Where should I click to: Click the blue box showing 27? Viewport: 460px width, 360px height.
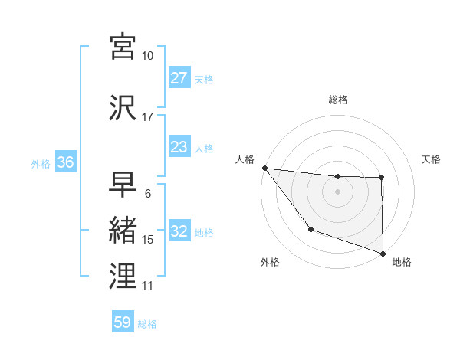[x=179, y=79]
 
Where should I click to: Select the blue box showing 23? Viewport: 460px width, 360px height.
[x=179, y=148]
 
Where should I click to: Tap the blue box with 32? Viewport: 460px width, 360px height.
[x=179, y=232]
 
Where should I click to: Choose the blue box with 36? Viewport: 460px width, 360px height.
[x=65, y=163]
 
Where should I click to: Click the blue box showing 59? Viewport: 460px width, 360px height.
[x=123, y=322]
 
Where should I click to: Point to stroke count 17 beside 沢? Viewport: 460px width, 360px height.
[x=148, y=117]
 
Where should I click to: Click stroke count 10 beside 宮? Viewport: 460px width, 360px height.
[x=148, y=56]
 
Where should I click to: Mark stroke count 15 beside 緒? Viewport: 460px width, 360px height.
[x=148, y=240]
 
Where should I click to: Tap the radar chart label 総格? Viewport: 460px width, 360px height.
[x=338, y=100]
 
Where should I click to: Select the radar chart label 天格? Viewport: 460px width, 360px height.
[x=432, y=159]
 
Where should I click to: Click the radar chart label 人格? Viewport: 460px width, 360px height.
[x=245, y=159]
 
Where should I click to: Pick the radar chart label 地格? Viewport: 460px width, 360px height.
[x=402, y=262]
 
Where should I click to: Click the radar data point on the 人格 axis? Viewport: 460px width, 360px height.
[x=264, y=168]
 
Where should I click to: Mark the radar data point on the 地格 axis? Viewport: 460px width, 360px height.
[x=382, y=252]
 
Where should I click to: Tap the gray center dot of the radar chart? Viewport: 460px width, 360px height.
[x=337, y=191]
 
